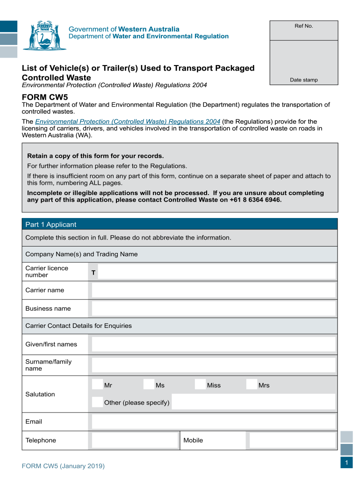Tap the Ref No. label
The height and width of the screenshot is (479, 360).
303,26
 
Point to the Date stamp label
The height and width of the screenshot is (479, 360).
303,80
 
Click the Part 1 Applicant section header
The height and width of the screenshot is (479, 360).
51,225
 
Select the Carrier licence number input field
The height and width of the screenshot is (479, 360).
216,272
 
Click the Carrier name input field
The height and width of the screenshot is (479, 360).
214,290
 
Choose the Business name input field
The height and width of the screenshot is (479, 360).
214,309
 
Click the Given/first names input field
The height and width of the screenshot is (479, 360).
214,344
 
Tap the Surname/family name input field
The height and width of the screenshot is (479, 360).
214,365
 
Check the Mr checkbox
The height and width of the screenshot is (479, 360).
97,385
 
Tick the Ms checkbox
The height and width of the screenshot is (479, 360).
149,385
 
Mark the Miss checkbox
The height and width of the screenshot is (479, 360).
200,385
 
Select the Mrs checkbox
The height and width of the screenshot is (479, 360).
252,385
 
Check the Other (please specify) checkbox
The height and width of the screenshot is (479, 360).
97,402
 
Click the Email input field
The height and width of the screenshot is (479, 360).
214,421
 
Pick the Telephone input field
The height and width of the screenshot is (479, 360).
135,440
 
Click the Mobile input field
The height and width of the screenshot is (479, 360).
292,440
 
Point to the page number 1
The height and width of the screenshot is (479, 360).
346,463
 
